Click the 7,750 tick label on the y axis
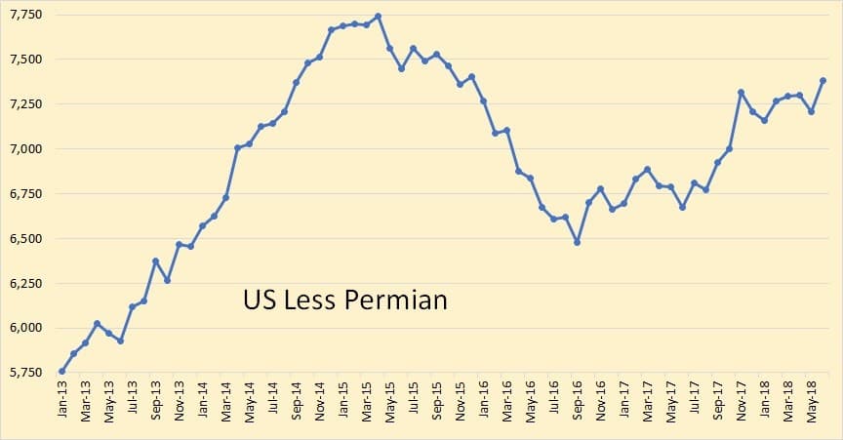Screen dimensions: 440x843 tap(26, 16)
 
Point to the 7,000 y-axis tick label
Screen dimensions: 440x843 tap(26, 149)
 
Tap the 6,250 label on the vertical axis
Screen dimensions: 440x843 tap(26, 283)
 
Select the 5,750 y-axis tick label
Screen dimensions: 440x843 tap(26, 372)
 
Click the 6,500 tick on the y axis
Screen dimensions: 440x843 tap(26, 239)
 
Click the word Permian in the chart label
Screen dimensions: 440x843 tap(396, 300)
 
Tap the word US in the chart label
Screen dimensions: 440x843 tap(257, 300)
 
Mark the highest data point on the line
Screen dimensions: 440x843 tap(378, 16)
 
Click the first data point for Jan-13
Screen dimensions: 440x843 tap(62, 371)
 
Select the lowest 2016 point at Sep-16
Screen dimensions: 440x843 tap(577, 242)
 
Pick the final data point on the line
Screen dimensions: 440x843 tap(823, 81)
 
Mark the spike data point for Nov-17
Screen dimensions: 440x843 tap(741, 93)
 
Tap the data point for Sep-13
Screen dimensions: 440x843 tap(155, 260)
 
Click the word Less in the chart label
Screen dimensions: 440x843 tap(306, 300)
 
